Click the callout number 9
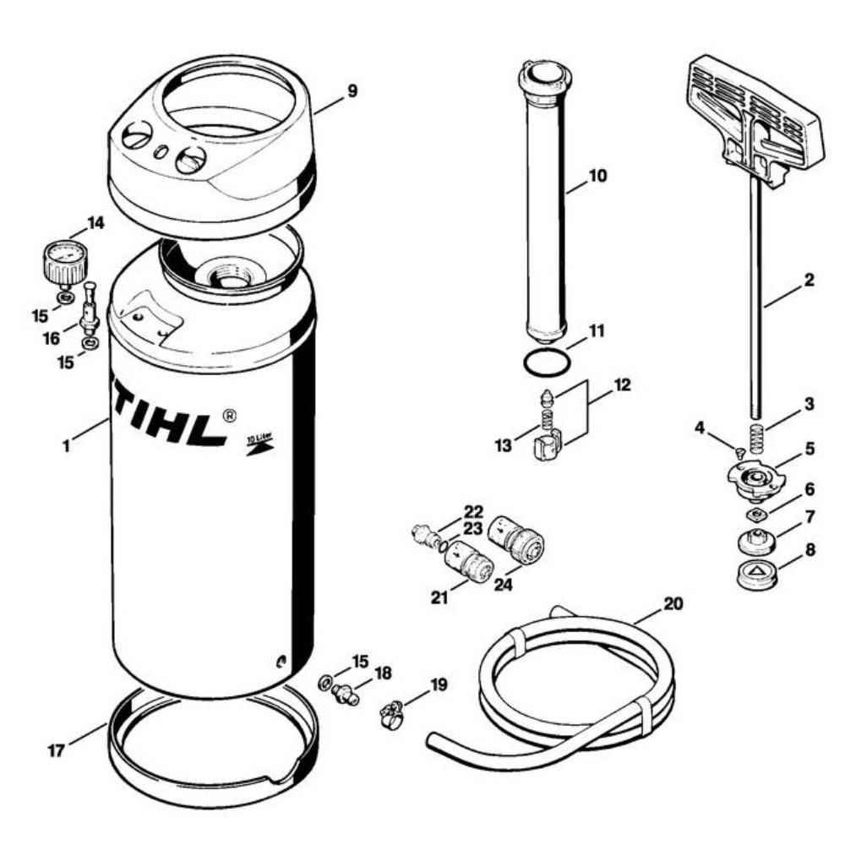(351, 90)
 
